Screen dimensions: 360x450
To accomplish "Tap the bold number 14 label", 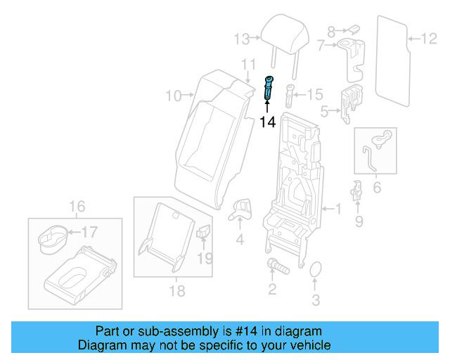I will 267,122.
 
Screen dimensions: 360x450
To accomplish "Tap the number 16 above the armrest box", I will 77,206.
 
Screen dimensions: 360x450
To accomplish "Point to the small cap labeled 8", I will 353,31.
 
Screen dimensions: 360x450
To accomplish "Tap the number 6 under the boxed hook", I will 376,188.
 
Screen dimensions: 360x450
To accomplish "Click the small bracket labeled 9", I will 357,190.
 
